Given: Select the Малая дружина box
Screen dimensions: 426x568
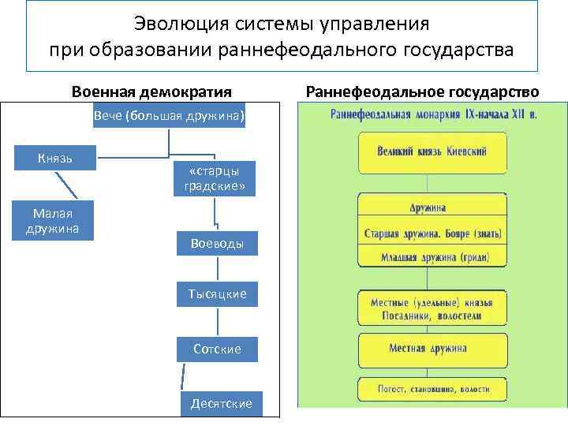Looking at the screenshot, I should click(x=53, y=220).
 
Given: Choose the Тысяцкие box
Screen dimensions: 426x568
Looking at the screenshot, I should click(x=217, y=294).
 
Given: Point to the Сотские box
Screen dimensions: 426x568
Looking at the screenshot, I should click(x=217, y=348).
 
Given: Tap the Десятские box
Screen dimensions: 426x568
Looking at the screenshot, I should click(x=221, y=403).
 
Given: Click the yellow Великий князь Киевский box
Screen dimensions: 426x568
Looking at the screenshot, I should click(x=432, y=151).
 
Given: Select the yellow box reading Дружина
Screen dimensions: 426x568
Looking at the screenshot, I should click(x=432, y=208).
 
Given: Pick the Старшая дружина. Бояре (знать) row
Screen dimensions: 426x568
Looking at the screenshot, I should click(x=432, y=234).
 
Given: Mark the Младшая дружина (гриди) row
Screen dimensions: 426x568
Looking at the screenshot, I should click(x=432, y=256).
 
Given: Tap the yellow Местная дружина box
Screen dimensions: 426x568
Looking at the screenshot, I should click(x=432, y=348).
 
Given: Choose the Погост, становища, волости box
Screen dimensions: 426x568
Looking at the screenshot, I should click(x=432, y=389).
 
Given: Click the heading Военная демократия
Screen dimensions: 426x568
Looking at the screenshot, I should click(x=151, y=91).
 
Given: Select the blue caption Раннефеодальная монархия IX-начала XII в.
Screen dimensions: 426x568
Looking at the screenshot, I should click(x=432, y=115).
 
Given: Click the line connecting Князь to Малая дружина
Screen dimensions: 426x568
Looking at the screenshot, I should click(x=66, y=185).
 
